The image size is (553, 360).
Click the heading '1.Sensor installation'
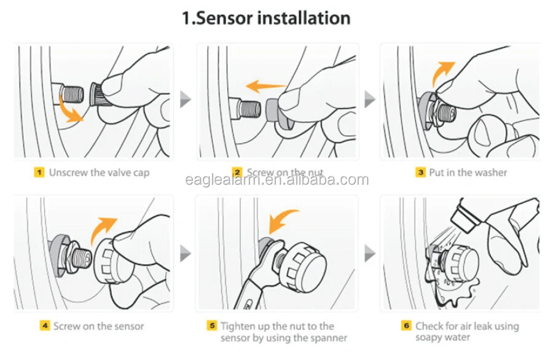[x=266, y=18]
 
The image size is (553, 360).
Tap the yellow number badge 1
[x=39, y=173]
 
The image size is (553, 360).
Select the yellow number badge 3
[x=420, y=173]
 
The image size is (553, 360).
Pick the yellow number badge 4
[x=44, y=326]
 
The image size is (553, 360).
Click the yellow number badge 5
[x=211, y=326]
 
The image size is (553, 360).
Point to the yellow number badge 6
[x=406, y=326]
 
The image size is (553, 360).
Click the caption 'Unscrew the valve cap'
[x=99, y=173]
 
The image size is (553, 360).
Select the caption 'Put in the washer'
[x=468, y=173]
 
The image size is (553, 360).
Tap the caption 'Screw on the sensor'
[x=99, y=326]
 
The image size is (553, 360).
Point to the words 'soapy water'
[x=442, y=337]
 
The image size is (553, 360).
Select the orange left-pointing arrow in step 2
[x=265, y=86]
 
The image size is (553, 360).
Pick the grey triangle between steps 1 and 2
[x=185, y=99]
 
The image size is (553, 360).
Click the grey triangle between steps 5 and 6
[x=370, y=253]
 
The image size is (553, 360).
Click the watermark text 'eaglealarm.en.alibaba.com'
[x=277, y=180]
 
